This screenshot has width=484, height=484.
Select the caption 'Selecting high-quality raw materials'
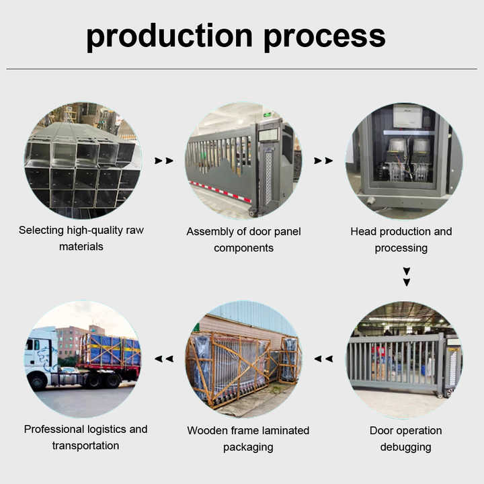tap(81, 239)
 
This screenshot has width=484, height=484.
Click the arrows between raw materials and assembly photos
tap(164, 161)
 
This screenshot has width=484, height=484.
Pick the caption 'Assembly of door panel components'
tap(243, 239)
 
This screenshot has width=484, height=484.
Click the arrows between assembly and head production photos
tap(323, 161)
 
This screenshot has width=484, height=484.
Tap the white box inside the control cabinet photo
tap(407, 116)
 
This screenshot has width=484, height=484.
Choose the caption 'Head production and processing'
tap(401, 239)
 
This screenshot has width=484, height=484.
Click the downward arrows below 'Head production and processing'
tap(406, 277)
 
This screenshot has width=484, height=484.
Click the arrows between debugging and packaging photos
tap(324, 359)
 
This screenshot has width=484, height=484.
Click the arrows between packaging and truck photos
tap(164, 359)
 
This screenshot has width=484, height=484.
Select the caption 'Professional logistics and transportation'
tap(85, 437)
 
